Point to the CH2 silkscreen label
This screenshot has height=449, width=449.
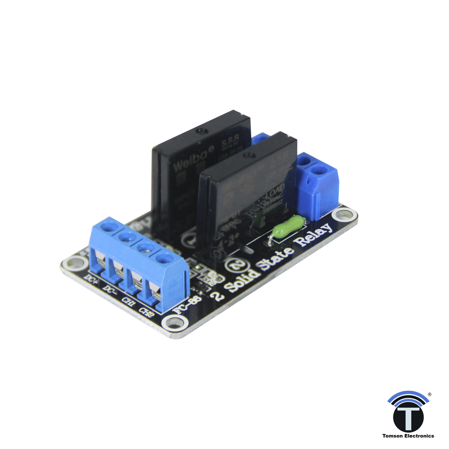pos(146,312)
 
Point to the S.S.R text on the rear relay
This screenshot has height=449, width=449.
pos(230,143)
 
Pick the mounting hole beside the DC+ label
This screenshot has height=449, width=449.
pos(72,263)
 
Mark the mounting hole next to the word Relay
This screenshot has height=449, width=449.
pos(343,215)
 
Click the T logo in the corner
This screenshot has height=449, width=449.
pos(408,414)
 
